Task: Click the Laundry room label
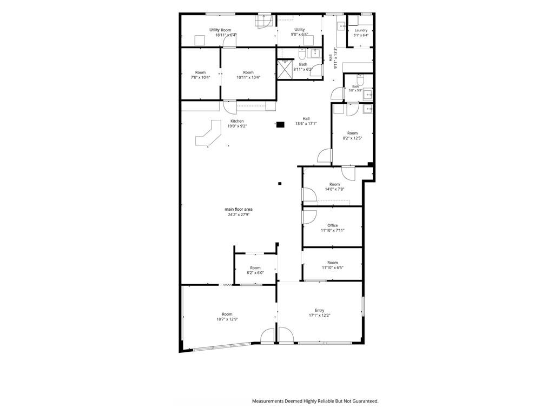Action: click(361, 30)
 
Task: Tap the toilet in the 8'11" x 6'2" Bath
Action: click(302, 55)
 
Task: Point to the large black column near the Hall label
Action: click(280, 124)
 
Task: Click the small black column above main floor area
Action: click(280, 183)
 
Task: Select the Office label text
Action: click(333, 225)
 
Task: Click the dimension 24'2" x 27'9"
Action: click(239, 215)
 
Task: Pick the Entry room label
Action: click(320, 311)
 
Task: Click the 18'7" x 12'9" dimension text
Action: click(227, 319)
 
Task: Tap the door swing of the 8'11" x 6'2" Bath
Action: click(319, 70)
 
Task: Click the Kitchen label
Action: click(237, 121)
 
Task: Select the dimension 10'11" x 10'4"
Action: click(248, 77)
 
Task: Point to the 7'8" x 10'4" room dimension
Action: click(200, 77)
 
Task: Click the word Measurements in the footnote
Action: click(267, 401)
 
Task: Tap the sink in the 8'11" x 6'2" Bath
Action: click(314, 53)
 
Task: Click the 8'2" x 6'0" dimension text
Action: click(255, 273)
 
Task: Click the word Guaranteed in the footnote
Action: click(366, 401)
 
